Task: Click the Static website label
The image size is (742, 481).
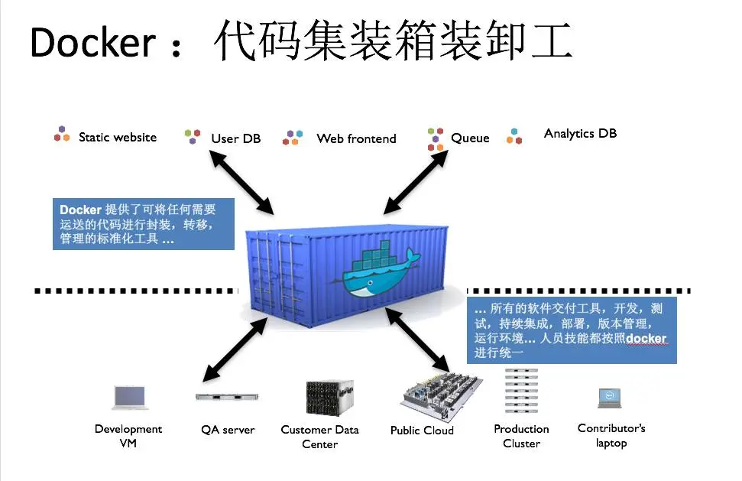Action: [117, 138]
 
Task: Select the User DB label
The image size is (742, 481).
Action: [235, 138]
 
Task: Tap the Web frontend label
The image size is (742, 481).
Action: [356, 138]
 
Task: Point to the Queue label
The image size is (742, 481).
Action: [470, 138]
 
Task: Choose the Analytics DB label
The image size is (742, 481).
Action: [580, 134]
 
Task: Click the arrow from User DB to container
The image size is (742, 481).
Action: [242, 181]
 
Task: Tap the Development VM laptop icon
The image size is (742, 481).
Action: [129, 397]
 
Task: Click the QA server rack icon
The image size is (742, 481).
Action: [228, 397]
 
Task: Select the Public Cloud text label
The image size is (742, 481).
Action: [422, 431]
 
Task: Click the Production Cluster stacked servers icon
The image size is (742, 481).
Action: [521, 392]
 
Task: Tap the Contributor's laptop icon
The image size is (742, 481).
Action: [609, 398]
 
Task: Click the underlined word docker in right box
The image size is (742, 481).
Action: [646, 339]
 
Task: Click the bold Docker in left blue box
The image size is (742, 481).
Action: [80, 210]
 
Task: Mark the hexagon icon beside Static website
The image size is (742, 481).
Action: [62, 135]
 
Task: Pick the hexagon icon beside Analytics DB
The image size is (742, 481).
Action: [515, 136]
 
